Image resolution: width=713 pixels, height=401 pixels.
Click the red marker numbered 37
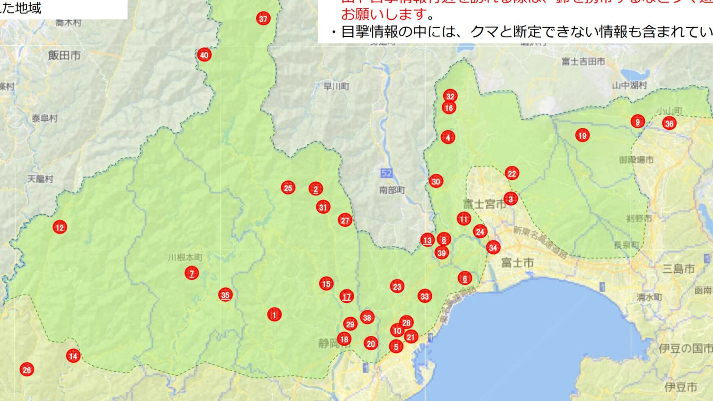[x=263, y=19]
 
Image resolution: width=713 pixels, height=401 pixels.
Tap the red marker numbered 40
[x=204, y=55]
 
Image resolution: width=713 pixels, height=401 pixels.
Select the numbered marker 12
[x=59, y=227]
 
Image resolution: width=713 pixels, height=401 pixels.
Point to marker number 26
[x=27, y=370]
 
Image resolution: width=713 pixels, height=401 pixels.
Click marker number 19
[x=582, y=136]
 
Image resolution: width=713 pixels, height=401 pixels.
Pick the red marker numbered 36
[x=669, y=124]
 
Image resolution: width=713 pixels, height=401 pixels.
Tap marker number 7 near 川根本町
[x=192, y=273]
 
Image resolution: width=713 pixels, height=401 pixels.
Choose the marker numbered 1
[x=274, y=315]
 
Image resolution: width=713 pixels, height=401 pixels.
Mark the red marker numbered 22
[x=512, y=173]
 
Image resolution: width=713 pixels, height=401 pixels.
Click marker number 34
[x=493, y=248]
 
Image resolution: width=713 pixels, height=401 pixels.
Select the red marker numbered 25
[x=288, y=188]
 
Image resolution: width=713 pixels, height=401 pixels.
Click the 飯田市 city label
[x=64, y=55]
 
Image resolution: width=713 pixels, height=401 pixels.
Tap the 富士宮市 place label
[x=484, y=204]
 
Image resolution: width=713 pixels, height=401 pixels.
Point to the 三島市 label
[x=679, y=269]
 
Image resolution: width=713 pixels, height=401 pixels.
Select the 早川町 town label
[x=336, y=86]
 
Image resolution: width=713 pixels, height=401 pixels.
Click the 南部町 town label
[x=392, y=190]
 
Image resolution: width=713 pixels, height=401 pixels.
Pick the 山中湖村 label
[x=629, y=85]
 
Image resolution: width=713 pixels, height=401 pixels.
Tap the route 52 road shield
[x=386, y=173]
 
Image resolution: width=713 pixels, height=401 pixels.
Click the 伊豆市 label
[x=681, y=387]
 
